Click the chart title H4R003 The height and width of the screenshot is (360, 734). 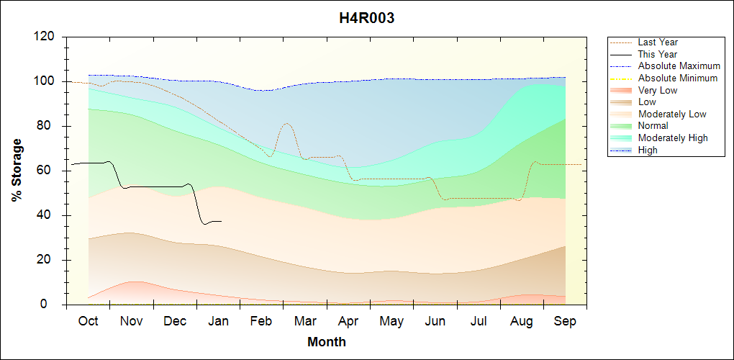click(366, 19)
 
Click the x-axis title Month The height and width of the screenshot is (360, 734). click(327, 342)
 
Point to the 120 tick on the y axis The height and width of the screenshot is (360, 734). click(46, 37)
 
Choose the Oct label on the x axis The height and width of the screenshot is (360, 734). click(88, 321)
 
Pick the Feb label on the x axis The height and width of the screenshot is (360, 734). click(261, 321)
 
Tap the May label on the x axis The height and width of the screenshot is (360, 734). click(391, 321)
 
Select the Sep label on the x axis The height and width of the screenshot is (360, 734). click(565, 321)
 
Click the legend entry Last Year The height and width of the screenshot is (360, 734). click(658, 42)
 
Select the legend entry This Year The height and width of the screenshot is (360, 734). click(658, 54)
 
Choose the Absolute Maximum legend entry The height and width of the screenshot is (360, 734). click(679, 66)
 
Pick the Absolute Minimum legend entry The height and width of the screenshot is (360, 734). click(678, 78)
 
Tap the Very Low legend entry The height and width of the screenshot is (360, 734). click(658, 90)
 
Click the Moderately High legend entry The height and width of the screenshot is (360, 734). click(673, 138)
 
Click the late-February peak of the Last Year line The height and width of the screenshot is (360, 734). click(286, 123)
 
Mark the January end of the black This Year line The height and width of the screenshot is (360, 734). click(221, 221)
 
